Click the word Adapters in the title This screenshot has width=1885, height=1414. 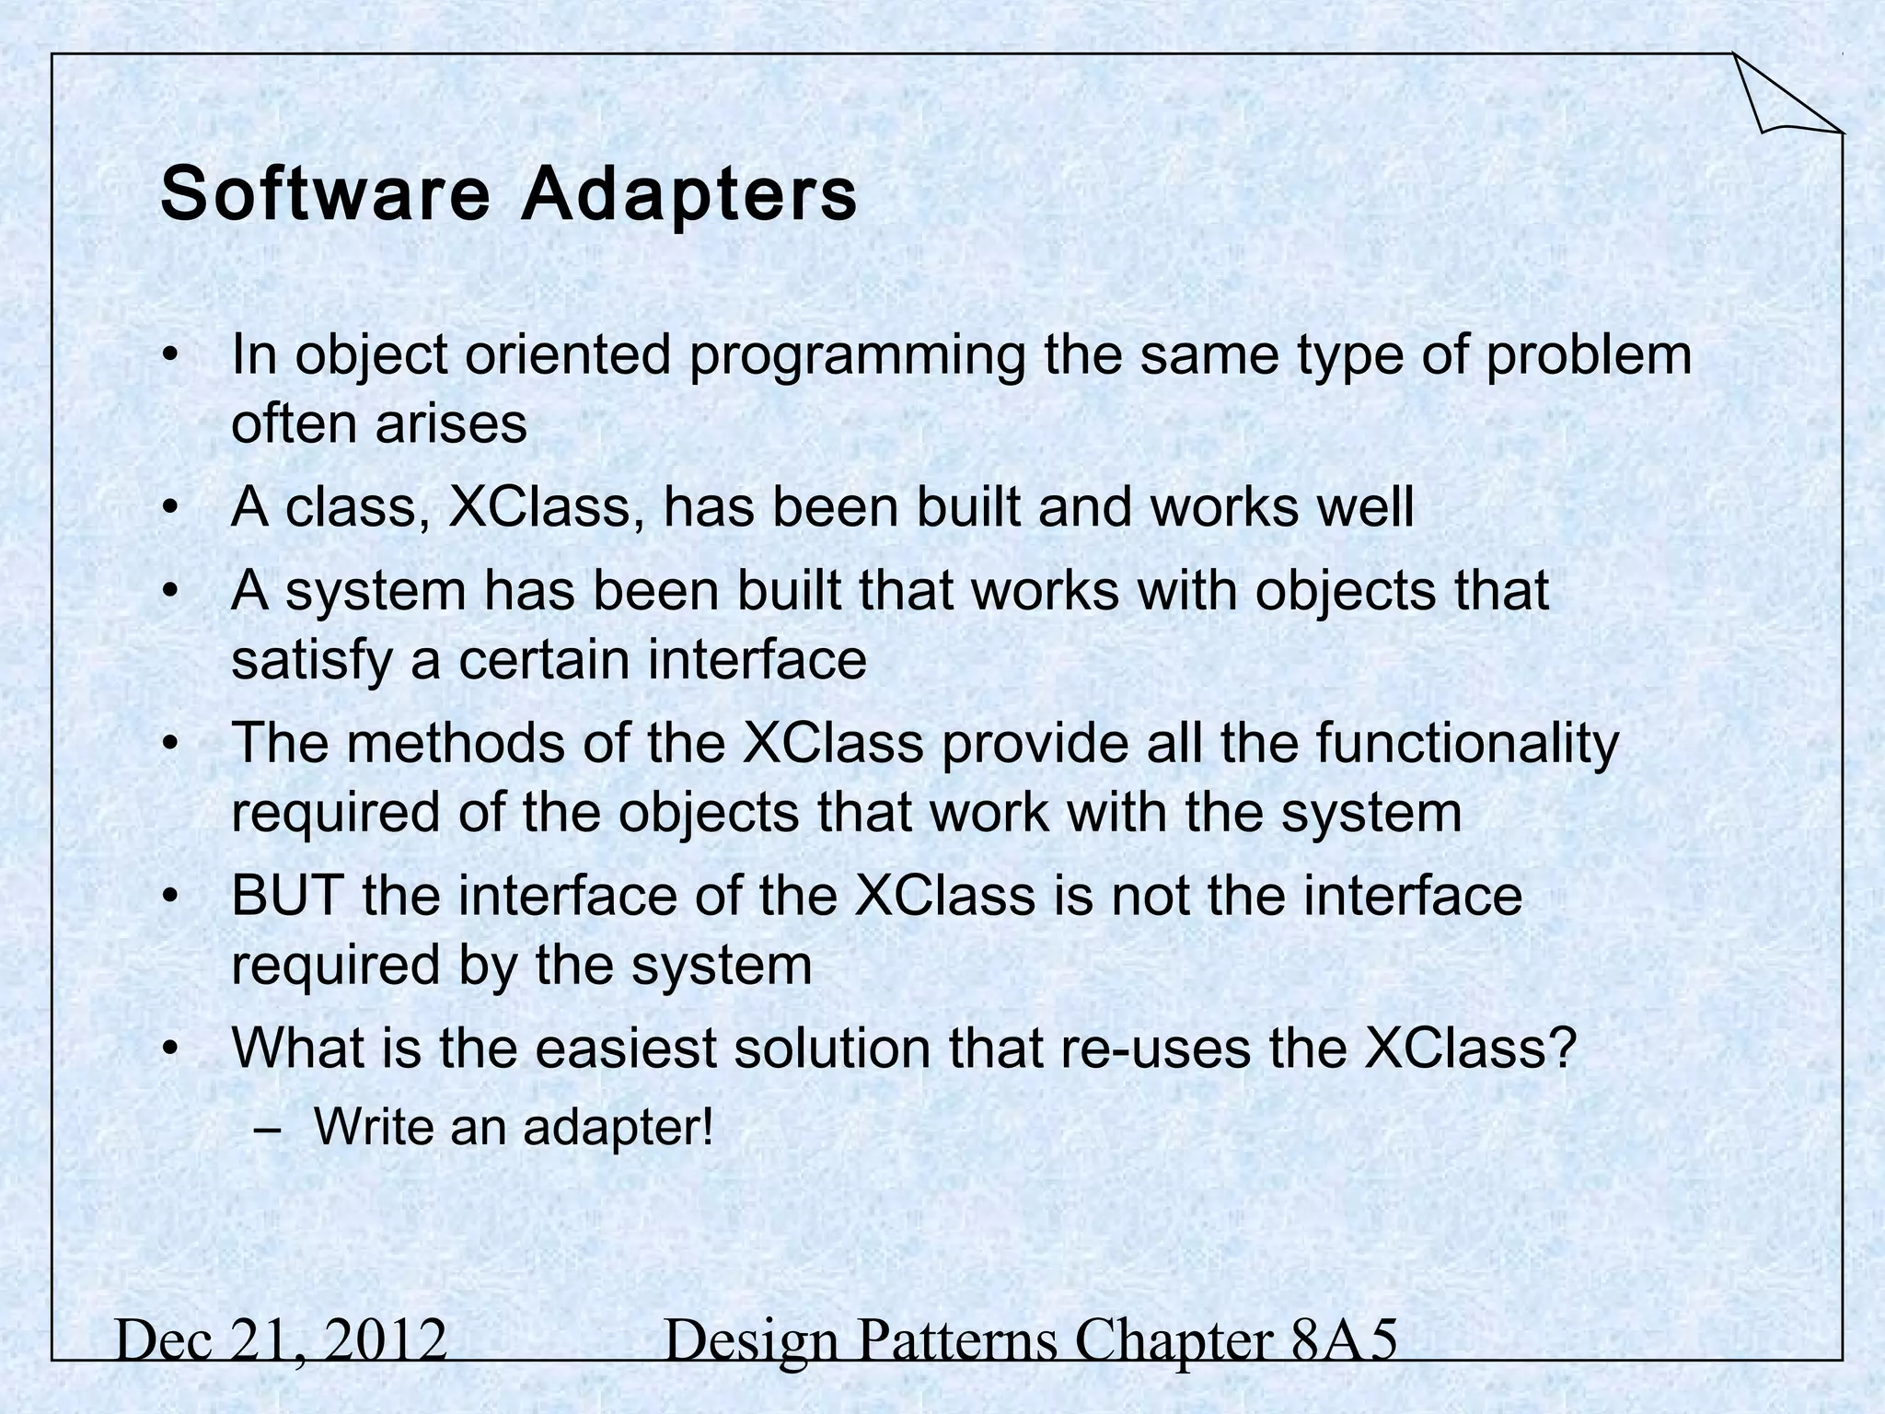coord(689,194)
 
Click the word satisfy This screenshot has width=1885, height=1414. coord(312,660)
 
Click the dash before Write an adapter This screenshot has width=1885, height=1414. coord(266,1129)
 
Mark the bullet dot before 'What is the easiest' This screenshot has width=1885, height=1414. coord(168,1049)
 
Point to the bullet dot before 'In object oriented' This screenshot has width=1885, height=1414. coord(168,358)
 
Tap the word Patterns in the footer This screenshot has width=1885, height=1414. coord(957,1340)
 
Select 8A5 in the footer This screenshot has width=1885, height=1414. coord(1343,1340)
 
